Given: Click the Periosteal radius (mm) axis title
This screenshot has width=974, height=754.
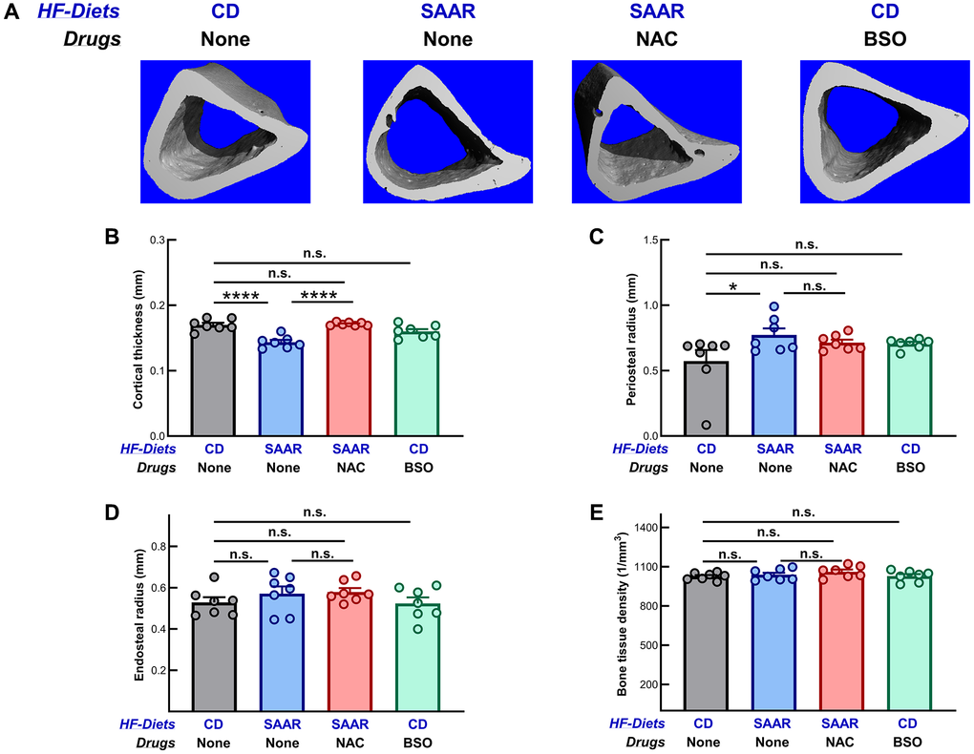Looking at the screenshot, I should click(x=631, y=338).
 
